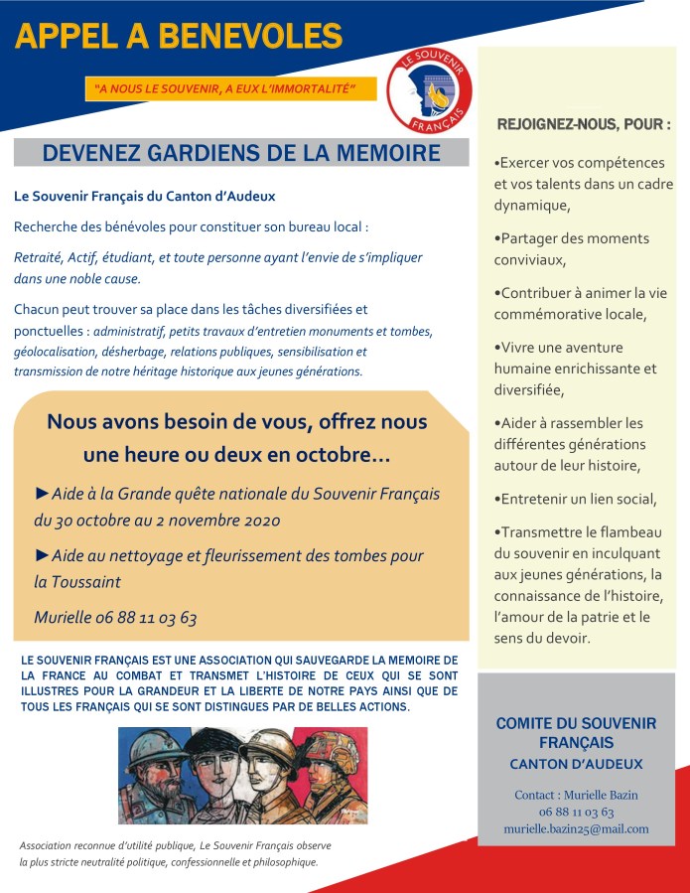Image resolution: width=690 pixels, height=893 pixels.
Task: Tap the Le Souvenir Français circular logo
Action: tap(428, 90)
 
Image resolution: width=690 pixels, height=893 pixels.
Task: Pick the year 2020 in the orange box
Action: tap(259, 520)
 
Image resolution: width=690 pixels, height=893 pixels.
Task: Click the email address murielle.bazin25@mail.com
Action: tap(576, 828)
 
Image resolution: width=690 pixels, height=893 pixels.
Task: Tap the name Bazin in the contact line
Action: tap(620, 795)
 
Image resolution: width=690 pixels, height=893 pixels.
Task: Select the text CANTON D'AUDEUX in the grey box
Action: tap(576, 764)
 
